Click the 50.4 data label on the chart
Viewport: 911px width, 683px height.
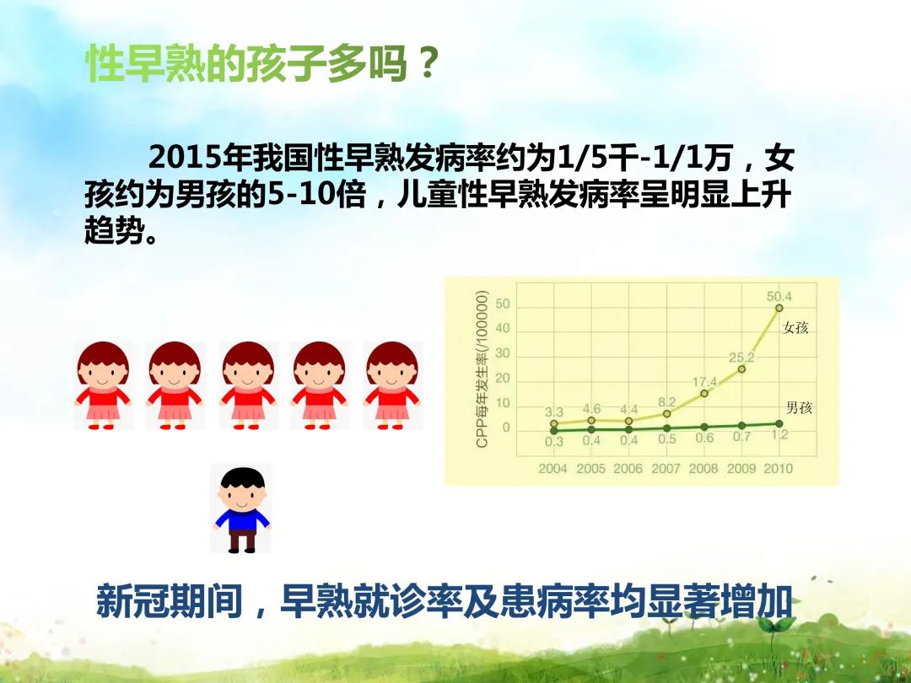tap(779, 297)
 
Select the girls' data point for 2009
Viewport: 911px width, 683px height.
tap(741, 368)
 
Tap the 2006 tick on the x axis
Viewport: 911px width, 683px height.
tap(628, 469)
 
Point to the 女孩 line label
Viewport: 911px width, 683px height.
tap(795, 327)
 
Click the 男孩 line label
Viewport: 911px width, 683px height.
tap(799, 408)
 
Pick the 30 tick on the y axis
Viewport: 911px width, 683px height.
tap(503, 353)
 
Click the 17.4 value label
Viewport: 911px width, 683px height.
tap(704, 382)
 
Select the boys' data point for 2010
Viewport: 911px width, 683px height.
tap(779, 423)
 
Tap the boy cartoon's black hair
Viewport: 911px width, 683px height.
tap(242, 479)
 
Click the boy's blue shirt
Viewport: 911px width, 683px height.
tap(242, 519)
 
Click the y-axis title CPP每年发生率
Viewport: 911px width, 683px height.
tap(482, 370)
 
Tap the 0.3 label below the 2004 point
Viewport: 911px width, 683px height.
tap(553, 441)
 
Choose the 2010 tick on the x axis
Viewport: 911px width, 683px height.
tap(778, 469)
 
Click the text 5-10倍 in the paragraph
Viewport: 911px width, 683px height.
tap(316, 196)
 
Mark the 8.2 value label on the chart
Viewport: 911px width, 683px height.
tap(667, 402)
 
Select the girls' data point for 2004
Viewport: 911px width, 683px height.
tap(553, 424)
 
